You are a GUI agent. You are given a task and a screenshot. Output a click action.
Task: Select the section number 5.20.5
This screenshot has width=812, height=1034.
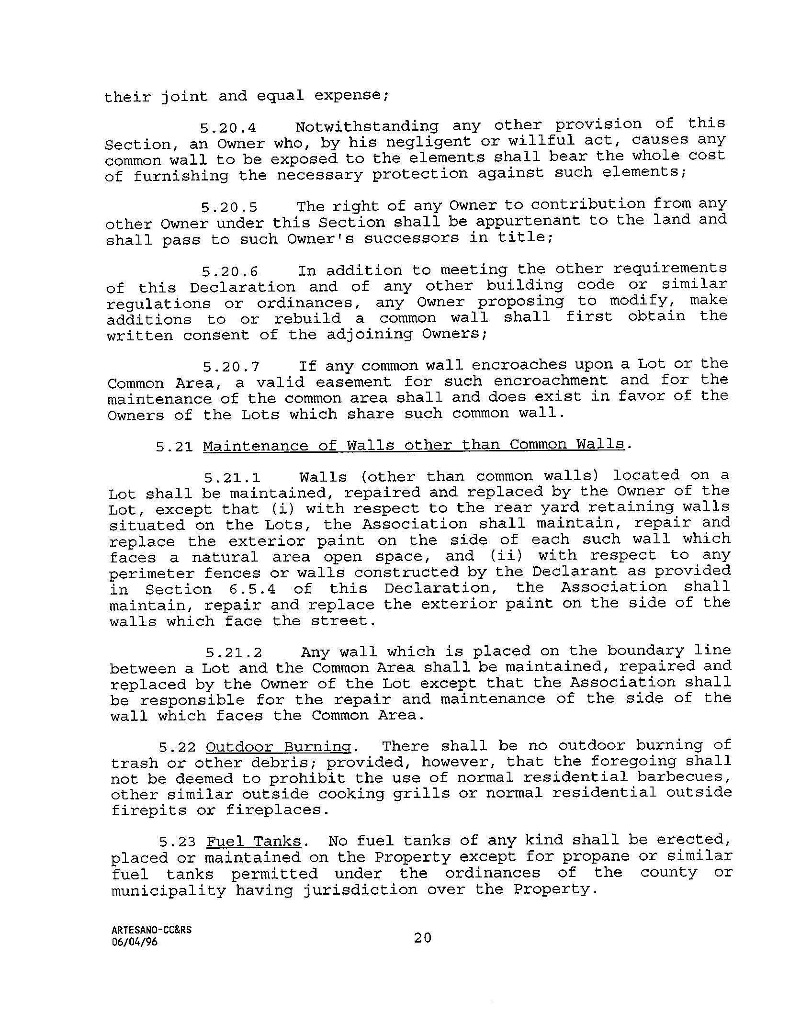click(x=229, y=208)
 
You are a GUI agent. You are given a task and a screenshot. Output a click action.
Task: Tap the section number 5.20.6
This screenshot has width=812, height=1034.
click(x=230, y=272)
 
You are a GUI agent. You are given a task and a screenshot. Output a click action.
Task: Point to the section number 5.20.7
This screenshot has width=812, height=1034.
click(x=231, y=367)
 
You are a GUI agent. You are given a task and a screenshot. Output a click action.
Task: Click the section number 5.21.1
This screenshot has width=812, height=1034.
click(x=232, y=478)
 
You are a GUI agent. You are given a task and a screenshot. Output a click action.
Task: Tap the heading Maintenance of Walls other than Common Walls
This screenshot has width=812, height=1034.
click(x=414, y=446)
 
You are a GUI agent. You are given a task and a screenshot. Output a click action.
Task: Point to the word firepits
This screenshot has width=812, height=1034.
click(x=149, y=810)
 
